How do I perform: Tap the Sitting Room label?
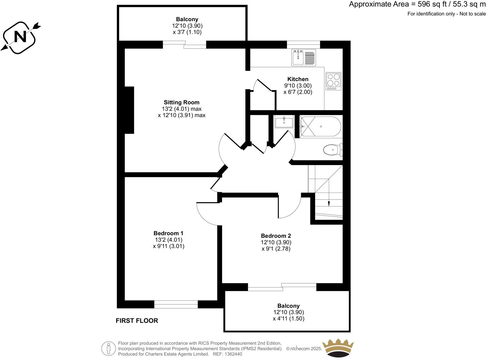click(x=182, y=102)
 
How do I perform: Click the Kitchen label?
click(x=298, y=79)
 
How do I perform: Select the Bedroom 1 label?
click(x=168, y=233)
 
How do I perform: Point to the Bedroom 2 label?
click(x=276, y=236)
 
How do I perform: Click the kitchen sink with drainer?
click(x=304, y=58)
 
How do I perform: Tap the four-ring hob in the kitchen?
click(x=333, y=81)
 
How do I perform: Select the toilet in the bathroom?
click(x=332, y=150)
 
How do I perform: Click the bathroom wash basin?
click(x=284, y=122)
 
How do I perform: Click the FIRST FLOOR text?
click(x=137, y=321)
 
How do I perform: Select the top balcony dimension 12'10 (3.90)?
click(x=187, y=26)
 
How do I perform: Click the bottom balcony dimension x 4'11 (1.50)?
click(x=288, y=319)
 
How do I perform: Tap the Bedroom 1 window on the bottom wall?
click(x=176, y=304)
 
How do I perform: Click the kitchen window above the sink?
click(x=303, y=43)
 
